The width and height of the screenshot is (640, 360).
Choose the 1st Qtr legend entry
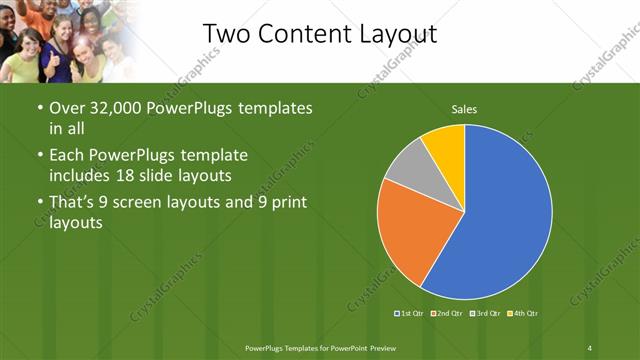click(411, 313)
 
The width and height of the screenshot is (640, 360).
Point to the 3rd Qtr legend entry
click(484, 313)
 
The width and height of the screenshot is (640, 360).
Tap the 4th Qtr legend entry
click(521, 313)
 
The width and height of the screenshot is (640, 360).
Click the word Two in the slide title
click(228, 34)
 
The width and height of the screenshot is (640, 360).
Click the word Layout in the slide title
click(393, 34)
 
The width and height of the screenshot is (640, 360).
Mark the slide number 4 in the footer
click(589, 347)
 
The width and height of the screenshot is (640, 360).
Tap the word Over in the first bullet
click(67, 107)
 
